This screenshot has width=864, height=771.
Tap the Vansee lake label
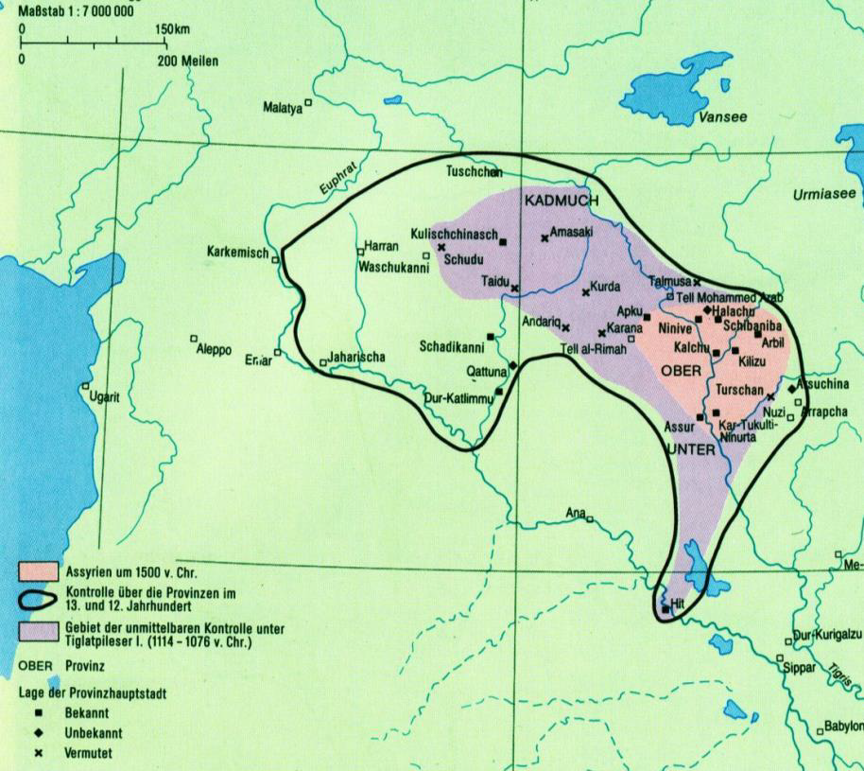click(x=723, y=117)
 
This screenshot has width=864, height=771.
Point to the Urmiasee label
click(x=823, y=194)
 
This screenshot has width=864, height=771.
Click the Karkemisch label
click(x=238, y=253)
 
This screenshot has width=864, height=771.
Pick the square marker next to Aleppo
click(x=194, y=338)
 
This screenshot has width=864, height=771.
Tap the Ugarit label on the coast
click(x=103, y=397)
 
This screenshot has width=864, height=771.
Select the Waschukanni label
click(x=393, y=267)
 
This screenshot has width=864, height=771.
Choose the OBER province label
click(x=680, y=370)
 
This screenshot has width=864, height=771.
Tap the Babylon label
click(x=843, y=727)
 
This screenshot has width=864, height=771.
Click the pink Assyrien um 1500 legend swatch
click(x=39, y=571)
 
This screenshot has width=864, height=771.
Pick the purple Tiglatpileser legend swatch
click(x=39, y=631)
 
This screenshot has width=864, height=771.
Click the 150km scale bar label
click(x=174, y=29)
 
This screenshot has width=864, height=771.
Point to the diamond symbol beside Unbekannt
click(x=40, y=732)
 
